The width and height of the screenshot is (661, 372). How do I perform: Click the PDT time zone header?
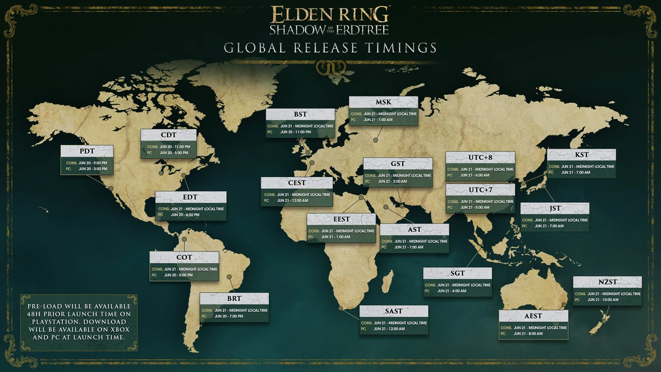point(86,152)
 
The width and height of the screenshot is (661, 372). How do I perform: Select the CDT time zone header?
point(169,136)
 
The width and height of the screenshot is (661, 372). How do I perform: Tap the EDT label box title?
point(191,198)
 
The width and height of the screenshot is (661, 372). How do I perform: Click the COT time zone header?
point(184,257)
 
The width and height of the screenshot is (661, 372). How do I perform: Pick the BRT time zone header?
point(234,299)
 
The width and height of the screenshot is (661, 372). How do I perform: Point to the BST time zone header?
point(300,115)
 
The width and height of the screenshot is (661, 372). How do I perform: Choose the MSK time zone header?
point(383,103)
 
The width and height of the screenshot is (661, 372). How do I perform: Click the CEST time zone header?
point(296,183)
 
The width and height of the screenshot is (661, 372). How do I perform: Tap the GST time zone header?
point(398,164)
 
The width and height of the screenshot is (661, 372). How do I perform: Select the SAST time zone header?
point(393,311)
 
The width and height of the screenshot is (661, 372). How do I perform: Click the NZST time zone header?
point(607,282)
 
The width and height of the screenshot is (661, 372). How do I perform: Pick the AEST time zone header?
point(533,316)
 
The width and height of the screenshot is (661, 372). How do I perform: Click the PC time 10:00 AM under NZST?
point(600,301)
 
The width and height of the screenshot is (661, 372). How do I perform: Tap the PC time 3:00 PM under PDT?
point(93,169)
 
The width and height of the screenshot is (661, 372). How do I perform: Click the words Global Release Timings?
point(330,47)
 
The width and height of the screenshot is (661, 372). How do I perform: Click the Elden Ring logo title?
point(330,20)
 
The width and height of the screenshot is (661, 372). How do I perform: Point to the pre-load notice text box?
point(79,322)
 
